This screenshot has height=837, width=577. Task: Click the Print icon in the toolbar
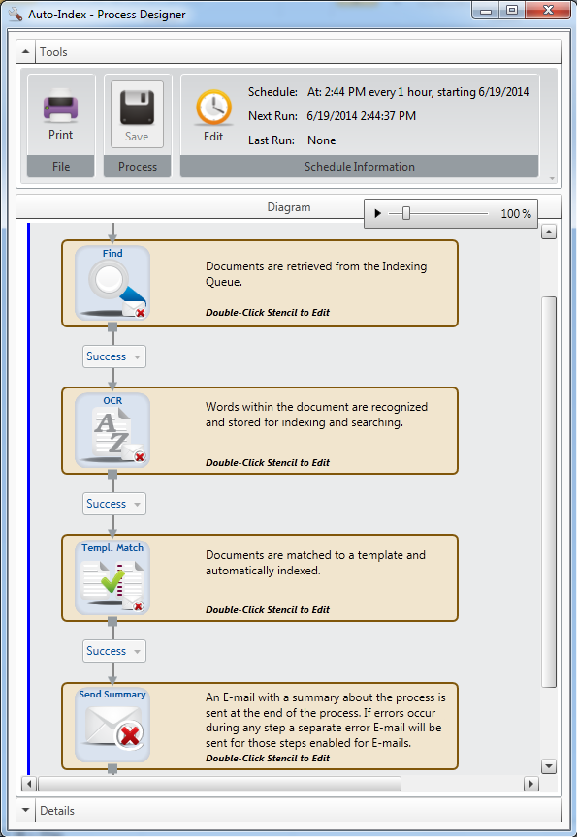pyautogui.click(x=60, y=105)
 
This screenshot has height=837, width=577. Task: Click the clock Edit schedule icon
pyautogui.click(x=213, y=108)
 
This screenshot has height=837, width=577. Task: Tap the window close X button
pyautogui.click(x=548, y=10)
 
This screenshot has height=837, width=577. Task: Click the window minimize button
pyautogui.click(x=486, y=11)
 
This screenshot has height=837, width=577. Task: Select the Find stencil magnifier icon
pyautogui.click(x=112, y=283)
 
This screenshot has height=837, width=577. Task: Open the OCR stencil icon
pyautogui.click(x=112, y=430)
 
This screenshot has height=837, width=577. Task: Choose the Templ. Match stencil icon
pyautogui.click(x=112, y=577)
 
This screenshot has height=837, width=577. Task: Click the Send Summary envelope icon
pyautogui.click(x=112, y=725)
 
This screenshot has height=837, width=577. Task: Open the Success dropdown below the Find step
pyautogui.click(x=113, y=356)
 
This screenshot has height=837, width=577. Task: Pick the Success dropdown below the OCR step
pyautogui.click(x=113, y=504)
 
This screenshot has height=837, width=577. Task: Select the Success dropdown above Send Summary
pyautogui.click(x=113, y=651)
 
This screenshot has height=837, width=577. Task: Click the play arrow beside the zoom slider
pyautogui.click(x=378, y=213)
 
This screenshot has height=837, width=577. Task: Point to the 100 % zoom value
pyautogui.click(x=516, y=214)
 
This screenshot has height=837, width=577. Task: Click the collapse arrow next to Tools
pyautogui.click(x=25, y=51)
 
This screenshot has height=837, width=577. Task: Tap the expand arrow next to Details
pyautogui.click(x=25, y=810)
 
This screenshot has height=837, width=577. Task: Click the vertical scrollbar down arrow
pyautogui.click(x=549, y=766)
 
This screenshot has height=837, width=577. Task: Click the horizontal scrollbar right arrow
pyautogui.click(x=531, y=784)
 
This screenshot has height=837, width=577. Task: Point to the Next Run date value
pyautogui.click(x=361, y=116)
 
